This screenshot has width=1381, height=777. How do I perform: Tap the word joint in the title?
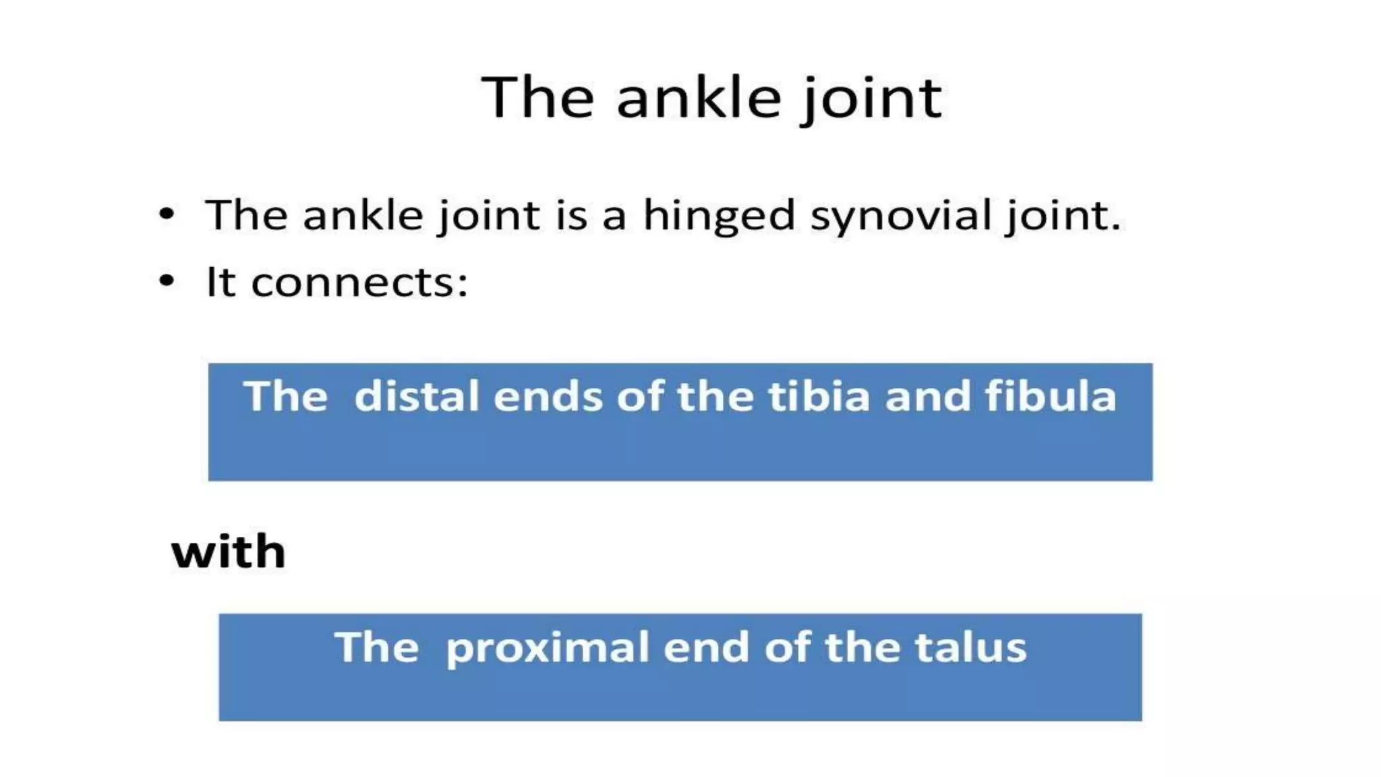(x=872, y=100)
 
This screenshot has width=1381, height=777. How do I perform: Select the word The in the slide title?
(x=537, y=98)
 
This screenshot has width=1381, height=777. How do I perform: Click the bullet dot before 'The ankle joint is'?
(x=167, y=214)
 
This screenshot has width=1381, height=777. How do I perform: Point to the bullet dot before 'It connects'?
(x=167, y=281)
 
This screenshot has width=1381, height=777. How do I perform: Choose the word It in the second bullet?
(x=221, y=281)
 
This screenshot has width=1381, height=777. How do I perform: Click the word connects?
(x=359, y=283)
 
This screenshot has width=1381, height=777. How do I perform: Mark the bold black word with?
(x=229, y=552)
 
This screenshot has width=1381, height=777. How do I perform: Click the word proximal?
(x=548, y=648)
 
